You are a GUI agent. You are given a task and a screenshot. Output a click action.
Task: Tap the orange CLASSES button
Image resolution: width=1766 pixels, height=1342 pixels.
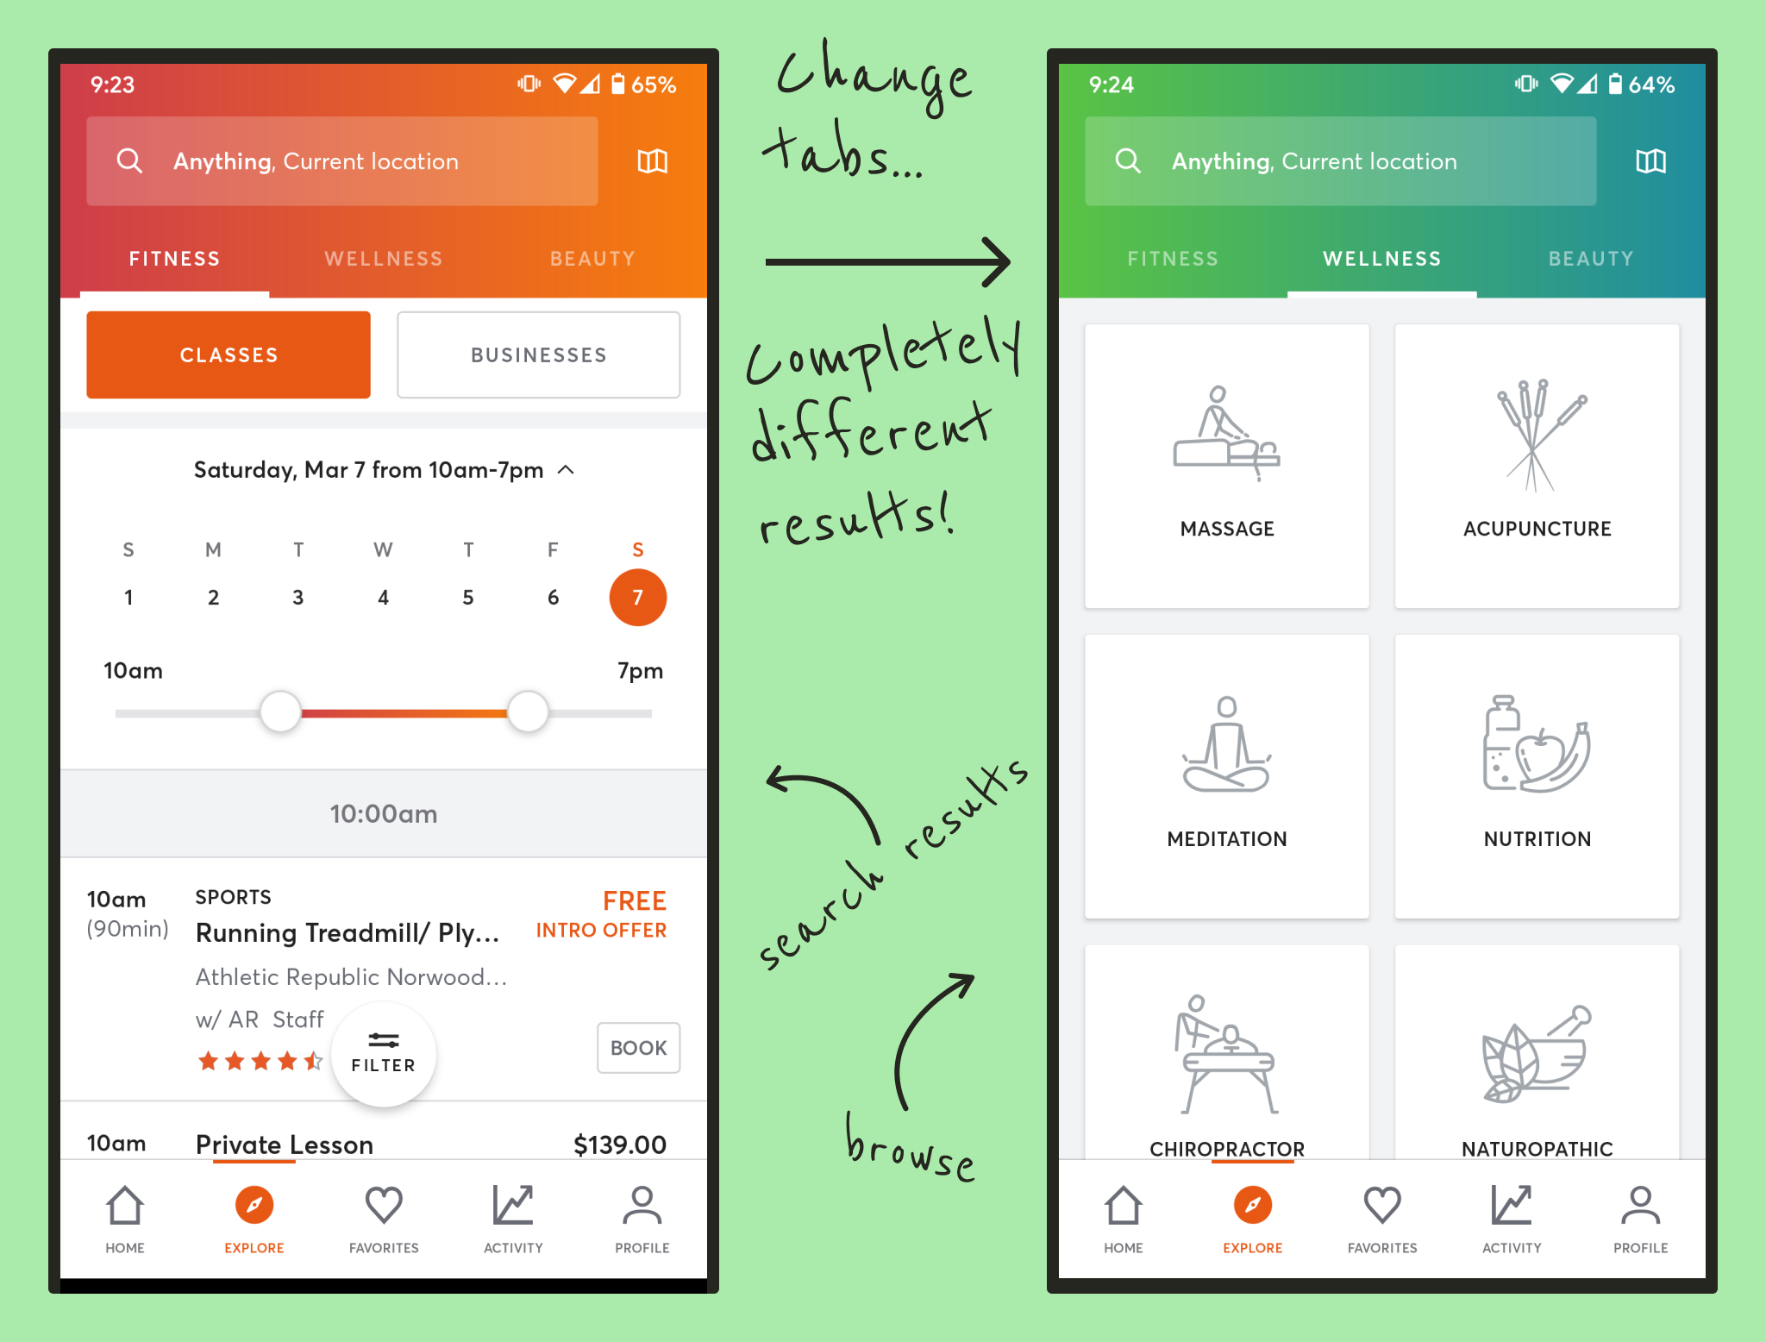coord(229,354)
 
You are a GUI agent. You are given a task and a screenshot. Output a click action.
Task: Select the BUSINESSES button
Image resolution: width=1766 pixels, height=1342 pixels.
coord(538,354)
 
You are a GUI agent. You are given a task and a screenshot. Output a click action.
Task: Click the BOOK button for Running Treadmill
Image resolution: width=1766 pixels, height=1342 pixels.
coord(638,1048)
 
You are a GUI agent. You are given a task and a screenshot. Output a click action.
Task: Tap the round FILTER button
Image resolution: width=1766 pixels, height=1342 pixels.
coord(384,1054)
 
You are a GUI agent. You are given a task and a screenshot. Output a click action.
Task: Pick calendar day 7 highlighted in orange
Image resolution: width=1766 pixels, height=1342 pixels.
coord(637,597)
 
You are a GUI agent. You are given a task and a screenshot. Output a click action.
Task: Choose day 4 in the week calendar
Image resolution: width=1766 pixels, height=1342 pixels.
coord(383,597)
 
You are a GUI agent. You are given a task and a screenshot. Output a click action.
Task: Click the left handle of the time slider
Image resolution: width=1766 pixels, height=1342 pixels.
coord(280,712)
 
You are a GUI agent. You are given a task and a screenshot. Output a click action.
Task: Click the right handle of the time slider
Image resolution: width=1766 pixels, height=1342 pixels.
coord(528,712)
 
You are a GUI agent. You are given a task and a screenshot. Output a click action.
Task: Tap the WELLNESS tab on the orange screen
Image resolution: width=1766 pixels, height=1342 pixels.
coord(384,259)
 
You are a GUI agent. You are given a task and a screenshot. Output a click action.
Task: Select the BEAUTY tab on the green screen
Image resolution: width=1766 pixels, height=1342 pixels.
coord(1591,259)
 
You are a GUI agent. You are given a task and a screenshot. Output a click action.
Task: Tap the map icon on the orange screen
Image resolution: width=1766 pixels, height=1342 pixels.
coord(652,161)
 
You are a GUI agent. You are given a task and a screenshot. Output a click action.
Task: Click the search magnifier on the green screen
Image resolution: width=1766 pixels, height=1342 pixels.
coord(1128,161)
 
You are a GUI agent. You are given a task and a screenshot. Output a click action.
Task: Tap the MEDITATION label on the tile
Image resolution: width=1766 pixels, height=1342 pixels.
coord(1226,839)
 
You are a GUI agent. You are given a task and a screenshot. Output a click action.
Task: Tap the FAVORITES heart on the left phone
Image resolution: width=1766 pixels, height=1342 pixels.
coord(384,1205)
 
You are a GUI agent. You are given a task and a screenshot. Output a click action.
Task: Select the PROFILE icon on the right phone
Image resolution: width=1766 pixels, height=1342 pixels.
coord(1640,1205)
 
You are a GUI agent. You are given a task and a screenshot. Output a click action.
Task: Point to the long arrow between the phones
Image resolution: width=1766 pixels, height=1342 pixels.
coord(887,262)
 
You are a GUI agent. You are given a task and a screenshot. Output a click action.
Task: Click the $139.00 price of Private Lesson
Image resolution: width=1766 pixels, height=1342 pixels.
coord(620,1145)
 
